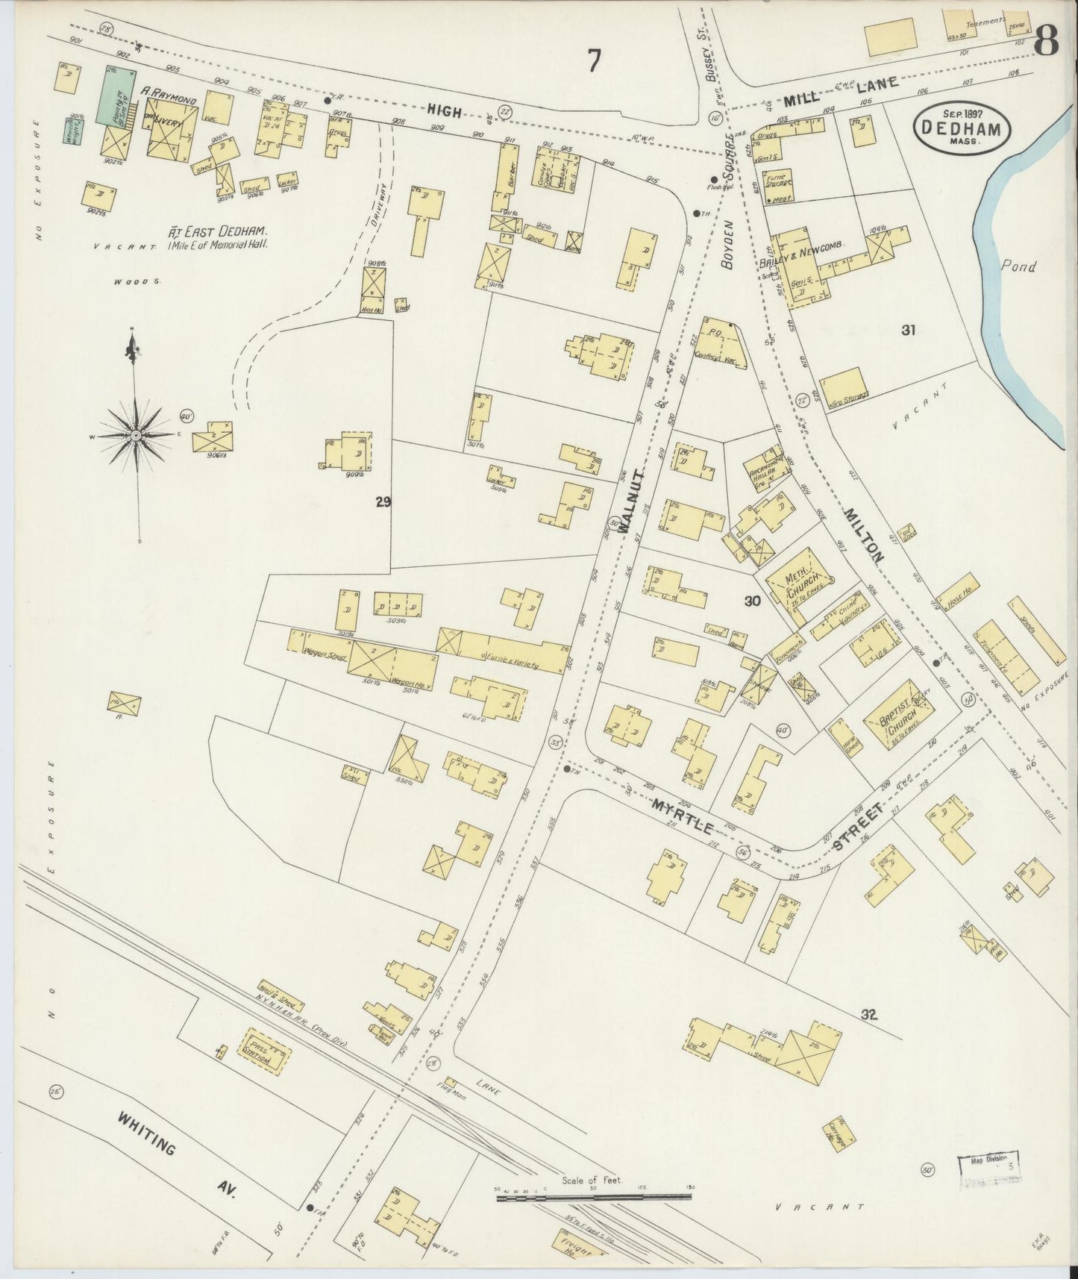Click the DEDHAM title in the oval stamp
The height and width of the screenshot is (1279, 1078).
click(962, 127)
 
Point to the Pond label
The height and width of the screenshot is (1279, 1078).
click(1018, 266)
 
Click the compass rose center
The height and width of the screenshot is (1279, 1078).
click(136, 434)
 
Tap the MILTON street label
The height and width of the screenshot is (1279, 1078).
click(865, 535)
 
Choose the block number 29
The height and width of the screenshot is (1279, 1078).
click(383, 502)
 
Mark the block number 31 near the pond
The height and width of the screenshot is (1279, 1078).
click(908, 330)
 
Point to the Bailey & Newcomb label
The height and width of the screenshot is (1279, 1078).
click(801, 254)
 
